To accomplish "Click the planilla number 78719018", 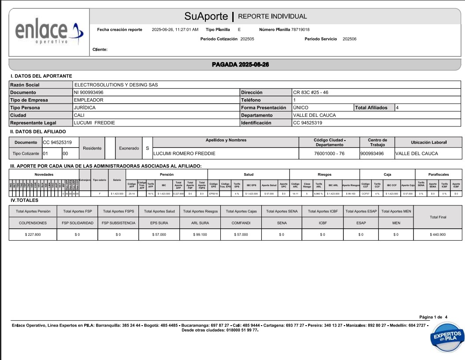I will pyautogui.click(x=300, y=30).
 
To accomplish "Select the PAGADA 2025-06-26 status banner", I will pyautogui.click(x=240, y=64).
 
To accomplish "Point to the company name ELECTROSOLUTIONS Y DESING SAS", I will pyautogui.click(x=116, y=85).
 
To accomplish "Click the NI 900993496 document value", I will pyautogui.click(x=89, y=93).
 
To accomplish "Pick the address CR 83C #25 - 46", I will pyautogui.click(x=310, y=93).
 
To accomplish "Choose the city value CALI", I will pyautogui.click(x=79, y=115).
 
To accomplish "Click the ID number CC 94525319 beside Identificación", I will pyautogui.click(x=308, y=123).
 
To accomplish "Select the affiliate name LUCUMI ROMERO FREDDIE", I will pyautogui.click(x=184, y=154).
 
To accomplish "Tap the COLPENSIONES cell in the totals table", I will pyautogui.click(x=33, y=223).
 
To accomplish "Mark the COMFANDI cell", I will pyautogui.click(x=241, y=223).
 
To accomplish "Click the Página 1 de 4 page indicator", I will pyautogui.click(x=434, y=317).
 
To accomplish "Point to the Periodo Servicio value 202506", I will pyautogui.click(x=350, y=39).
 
